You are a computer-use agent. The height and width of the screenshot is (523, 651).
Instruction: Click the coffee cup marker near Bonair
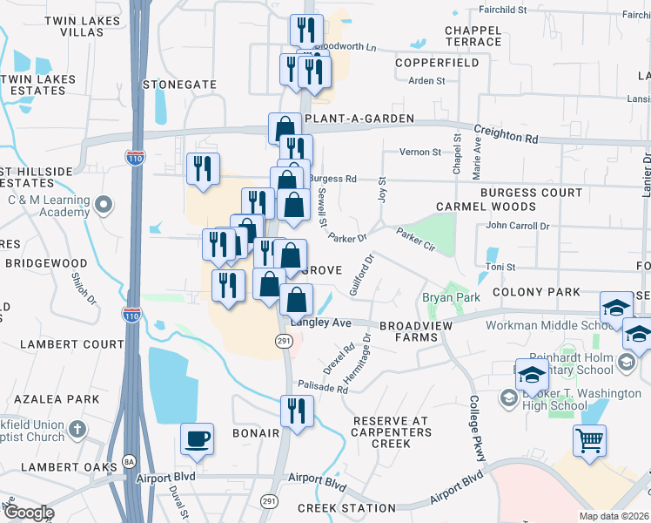(x=197, y=438)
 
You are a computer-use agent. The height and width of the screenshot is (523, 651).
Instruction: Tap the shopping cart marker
(x=590, y=441)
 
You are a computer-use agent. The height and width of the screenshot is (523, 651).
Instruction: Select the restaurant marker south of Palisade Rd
(x=297, y=411)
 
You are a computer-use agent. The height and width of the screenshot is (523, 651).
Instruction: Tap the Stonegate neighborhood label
(x=179, y=85)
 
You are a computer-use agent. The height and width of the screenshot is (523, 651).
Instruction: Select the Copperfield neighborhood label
(x=436, y=64)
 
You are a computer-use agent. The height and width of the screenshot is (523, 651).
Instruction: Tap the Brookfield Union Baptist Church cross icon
(x=77, y=429)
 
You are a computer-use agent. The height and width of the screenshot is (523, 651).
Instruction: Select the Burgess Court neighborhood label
(x=534, y=193)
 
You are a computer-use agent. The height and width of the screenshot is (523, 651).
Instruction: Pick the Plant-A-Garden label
(x=347, y=119)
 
